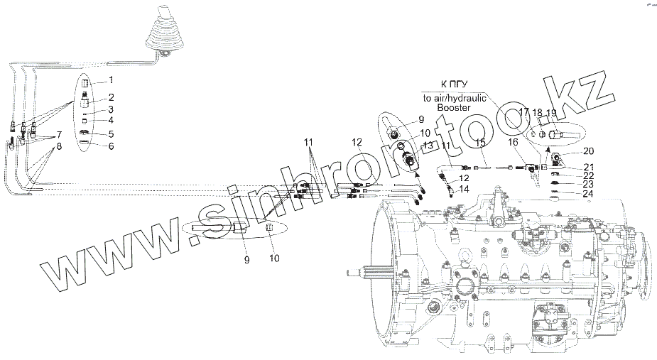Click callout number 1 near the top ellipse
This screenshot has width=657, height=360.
coord(110,82)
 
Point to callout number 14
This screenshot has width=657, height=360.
coord(465,190)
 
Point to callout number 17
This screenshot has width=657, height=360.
coord(523,112)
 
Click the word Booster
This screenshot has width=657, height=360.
coord(455,107)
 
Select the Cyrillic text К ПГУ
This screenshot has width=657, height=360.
coord(454,84)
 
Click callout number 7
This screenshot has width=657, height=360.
coord(60,134)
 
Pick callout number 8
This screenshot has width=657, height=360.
coord(60,147)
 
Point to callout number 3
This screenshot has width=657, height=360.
coord(110,110)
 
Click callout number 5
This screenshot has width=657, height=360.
coord(110,133)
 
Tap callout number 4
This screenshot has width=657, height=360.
coord(110,121)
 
